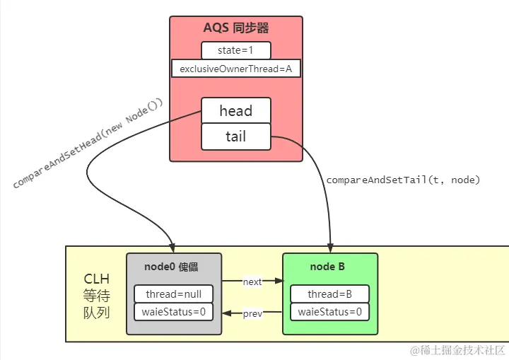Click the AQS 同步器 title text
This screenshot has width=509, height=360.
tap(235, 29)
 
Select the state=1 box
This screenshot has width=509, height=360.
tap(235, 51)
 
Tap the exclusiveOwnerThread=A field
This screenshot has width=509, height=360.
tap(235, 69)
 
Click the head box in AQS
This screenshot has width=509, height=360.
tap(235, 111)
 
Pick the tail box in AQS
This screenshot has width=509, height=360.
tap(235, 137)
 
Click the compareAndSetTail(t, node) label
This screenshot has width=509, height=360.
tap(403, 180)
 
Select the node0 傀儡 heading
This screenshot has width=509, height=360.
tap(173, 267)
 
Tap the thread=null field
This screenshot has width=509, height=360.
tap(173, 294)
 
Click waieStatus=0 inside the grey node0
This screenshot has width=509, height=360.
tap(173, 312)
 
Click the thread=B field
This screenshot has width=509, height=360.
tap(329, 294)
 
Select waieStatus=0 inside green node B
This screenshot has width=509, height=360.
tap(329, 312)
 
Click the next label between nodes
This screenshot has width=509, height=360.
tap(252, 281)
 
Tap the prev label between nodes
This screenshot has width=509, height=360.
tap(252, 313)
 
